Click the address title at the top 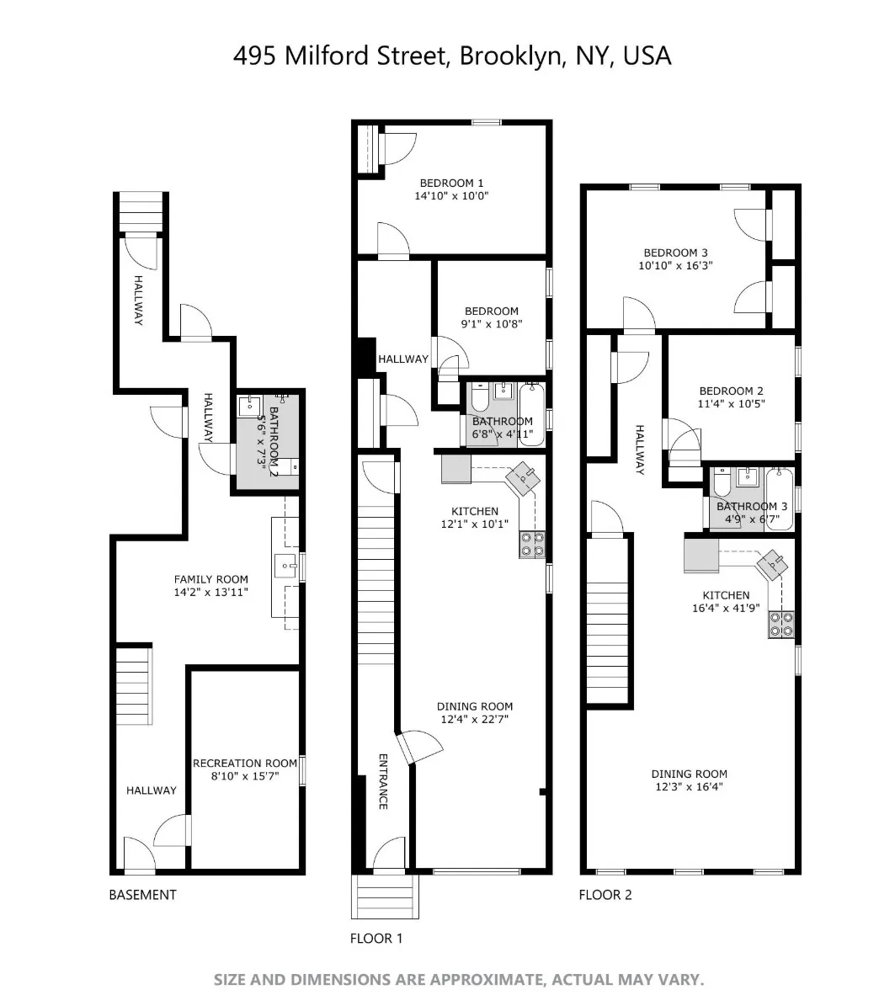(452, 56)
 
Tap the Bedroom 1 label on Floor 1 (451, 183)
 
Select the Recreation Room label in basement (245, 764)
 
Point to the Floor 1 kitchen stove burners (531, 544)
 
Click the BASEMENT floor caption (142, 895)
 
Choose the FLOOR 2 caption (605, 895)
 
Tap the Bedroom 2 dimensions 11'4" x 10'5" (731, 403)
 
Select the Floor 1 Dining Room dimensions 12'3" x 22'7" (474, 719)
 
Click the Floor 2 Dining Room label (689, 774)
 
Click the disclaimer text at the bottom (458, 980)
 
